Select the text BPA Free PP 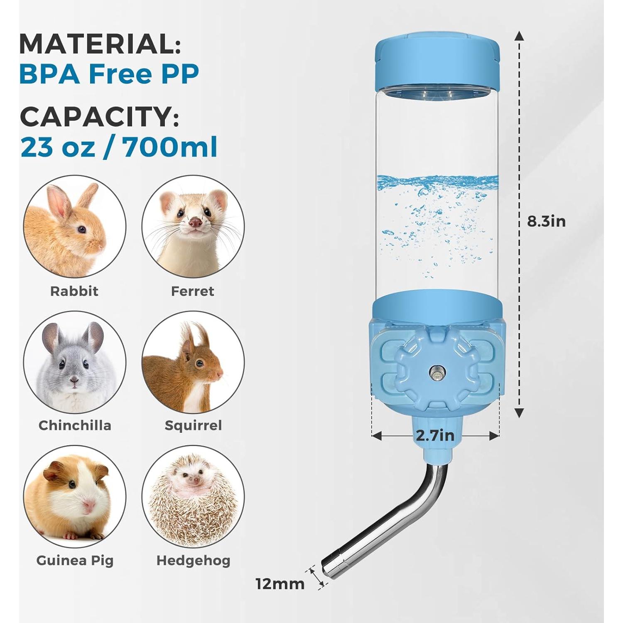[109, 74]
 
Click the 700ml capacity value [170, 147]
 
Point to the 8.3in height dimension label [546, 221]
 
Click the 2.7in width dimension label [435, 435]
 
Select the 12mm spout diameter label [280, 584]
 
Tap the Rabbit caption [74, 291]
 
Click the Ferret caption [193, 291]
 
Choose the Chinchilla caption [75, 425]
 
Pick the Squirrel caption [193, 425]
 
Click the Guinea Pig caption [75, 560]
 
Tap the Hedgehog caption [193, 560]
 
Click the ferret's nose [194, 223]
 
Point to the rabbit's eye [82, 229]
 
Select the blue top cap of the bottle [437, 62]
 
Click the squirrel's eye [200, 363]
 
